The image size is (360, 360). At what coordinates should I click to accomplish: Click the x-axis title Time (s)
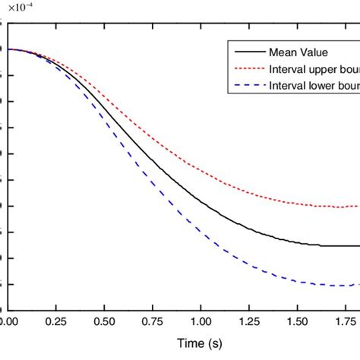(x=201, y=343)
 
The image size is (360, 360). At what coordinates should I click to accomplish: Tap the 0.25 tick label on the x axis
(x=56, y=321)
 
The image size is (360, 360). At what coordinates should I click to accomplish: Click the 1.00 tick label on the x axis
(x=201, y=321)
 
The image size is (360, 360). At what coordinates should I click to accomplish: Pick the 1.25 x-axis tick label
(x=250, y=321)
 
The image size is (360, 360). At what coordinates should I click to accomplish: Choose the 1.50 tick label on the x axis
(x=298, y=321)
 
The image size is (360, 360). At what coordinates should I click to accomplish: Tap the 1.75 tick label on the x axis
(x=346, y=321)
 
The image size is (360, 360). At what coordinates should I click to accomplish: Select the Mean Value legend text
(x=297, y=52)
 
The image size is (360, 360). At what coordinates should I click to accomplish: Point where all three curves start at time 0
(x=8, y=49)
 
